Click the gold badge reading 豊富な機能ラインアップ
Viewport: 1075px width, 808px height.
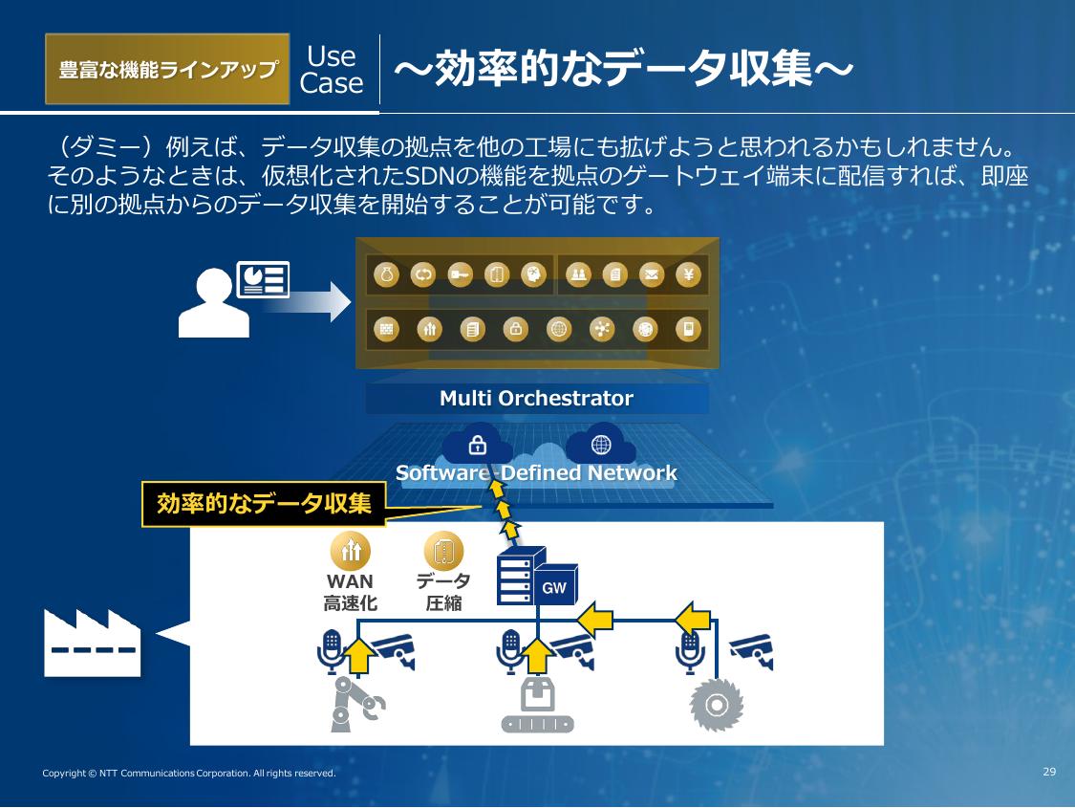(x=167, y=69)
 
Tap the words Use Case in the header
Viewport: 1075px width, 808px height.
(x=332, y=70)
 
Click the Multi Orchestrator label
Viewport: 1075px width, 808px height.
(x=536, y=399)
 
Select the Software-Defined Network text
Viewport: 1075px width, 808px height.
(x=536, y=472)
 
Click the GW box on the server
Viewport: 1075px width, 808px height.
(x=554, y=588)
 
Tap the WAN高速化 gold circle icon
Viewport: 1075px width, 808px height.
(x=350, y=550)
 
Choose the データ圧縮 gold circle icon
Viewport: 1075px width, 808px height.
(x=443, y=551)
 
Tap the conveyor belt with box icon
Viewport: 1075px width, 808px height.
(x=537, y=706)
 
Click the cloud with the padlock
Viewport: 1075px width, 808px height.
(x=478, y=444)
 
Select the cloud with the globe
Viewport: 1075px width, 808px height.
(x=601, y=444)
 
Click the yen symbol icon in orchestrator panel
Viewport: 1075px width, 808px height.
(x=688, y=275)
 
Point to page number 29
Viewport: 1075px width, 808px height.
(x=1049, y=772)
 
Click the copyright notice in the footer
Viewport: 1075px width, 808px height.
(x=189, y=773)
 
